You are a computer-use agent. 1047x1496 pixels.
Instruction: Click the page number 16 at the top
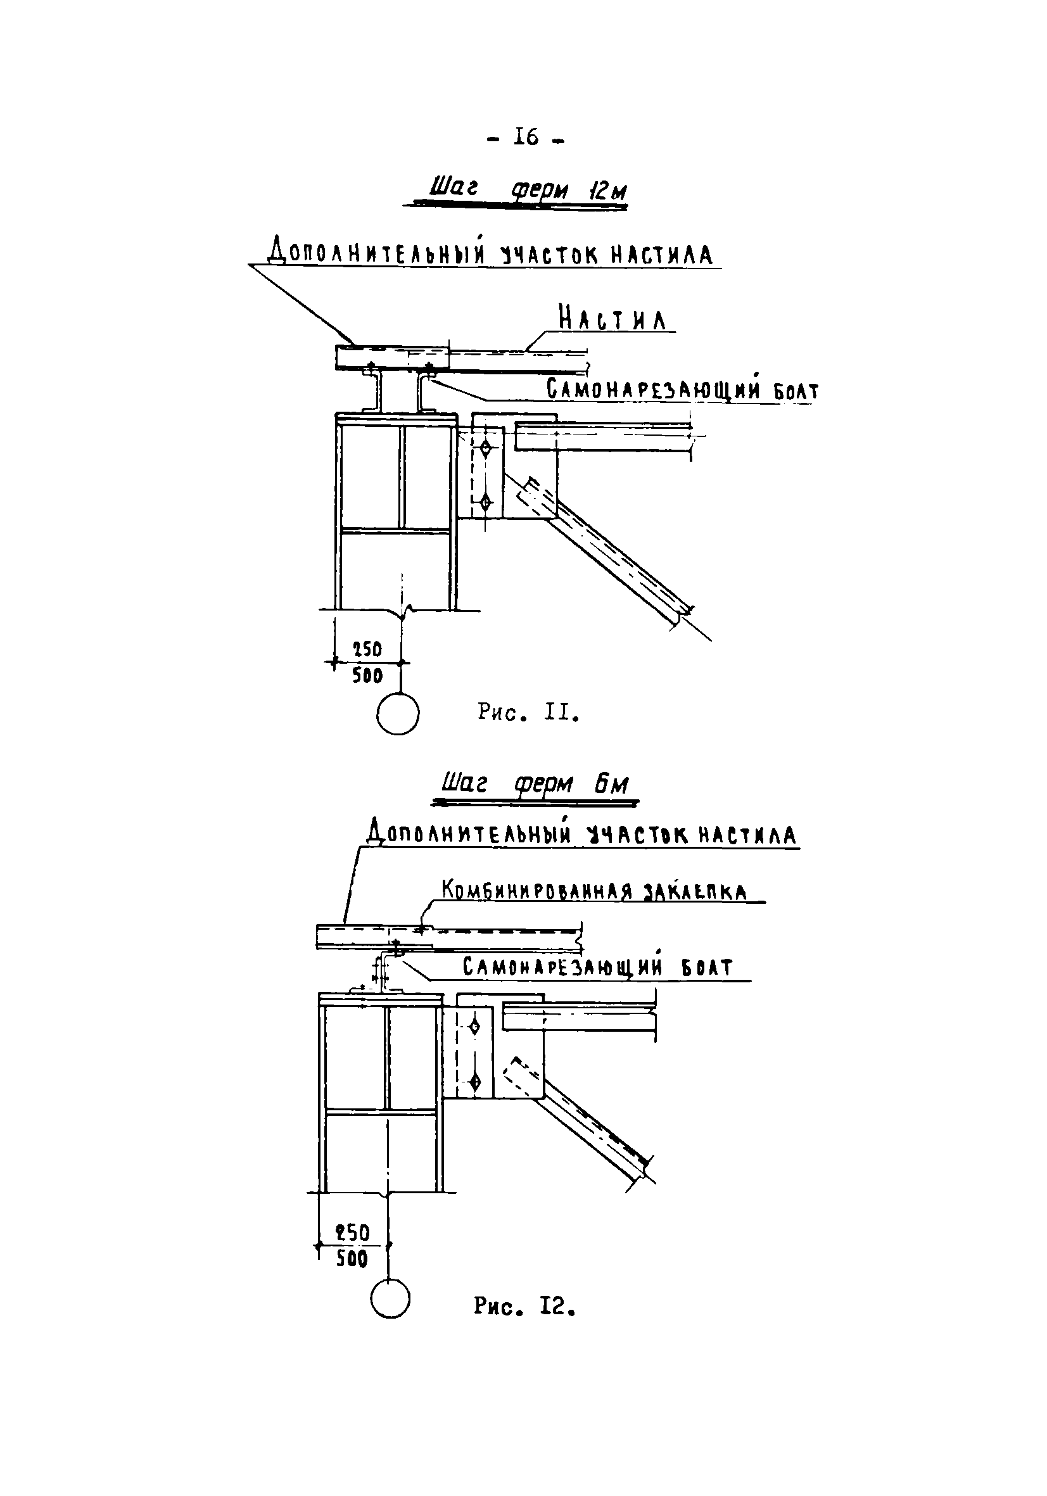click(526, 137)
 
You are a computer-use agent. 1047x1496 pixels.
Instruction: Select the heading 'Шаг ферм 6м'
click(535, 785)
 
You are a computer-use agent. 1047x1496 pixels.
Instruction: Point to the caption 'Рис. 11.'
click(528, 713)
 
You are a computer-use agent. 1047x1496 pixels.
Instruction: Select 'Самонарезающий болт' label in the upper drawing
click(682, 390)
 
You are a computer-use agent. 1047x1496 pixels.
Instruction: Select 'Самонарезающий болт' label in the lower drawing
click(597, 967)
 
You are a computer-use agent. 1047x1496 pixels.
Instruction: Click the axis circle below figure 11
click(397, 714)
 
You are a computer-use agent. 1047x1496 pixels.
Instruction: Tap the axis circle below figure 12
click(390, 1298)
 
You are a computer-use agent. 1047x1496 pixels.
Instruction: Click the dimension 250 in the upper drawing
click(367, 650)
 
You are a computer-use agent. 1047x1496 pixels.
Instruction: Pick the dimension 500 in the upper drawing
click(367, 676)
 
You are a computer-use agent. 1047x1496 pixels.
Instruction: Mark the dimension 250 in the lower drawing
click(352, 1232)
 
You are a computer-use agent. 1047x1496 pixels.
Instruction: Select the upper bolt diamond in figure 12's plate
click(475, 1027)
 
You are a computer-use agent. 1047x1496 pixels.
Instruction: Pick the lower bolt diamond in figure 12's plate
click(475, 1081)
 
